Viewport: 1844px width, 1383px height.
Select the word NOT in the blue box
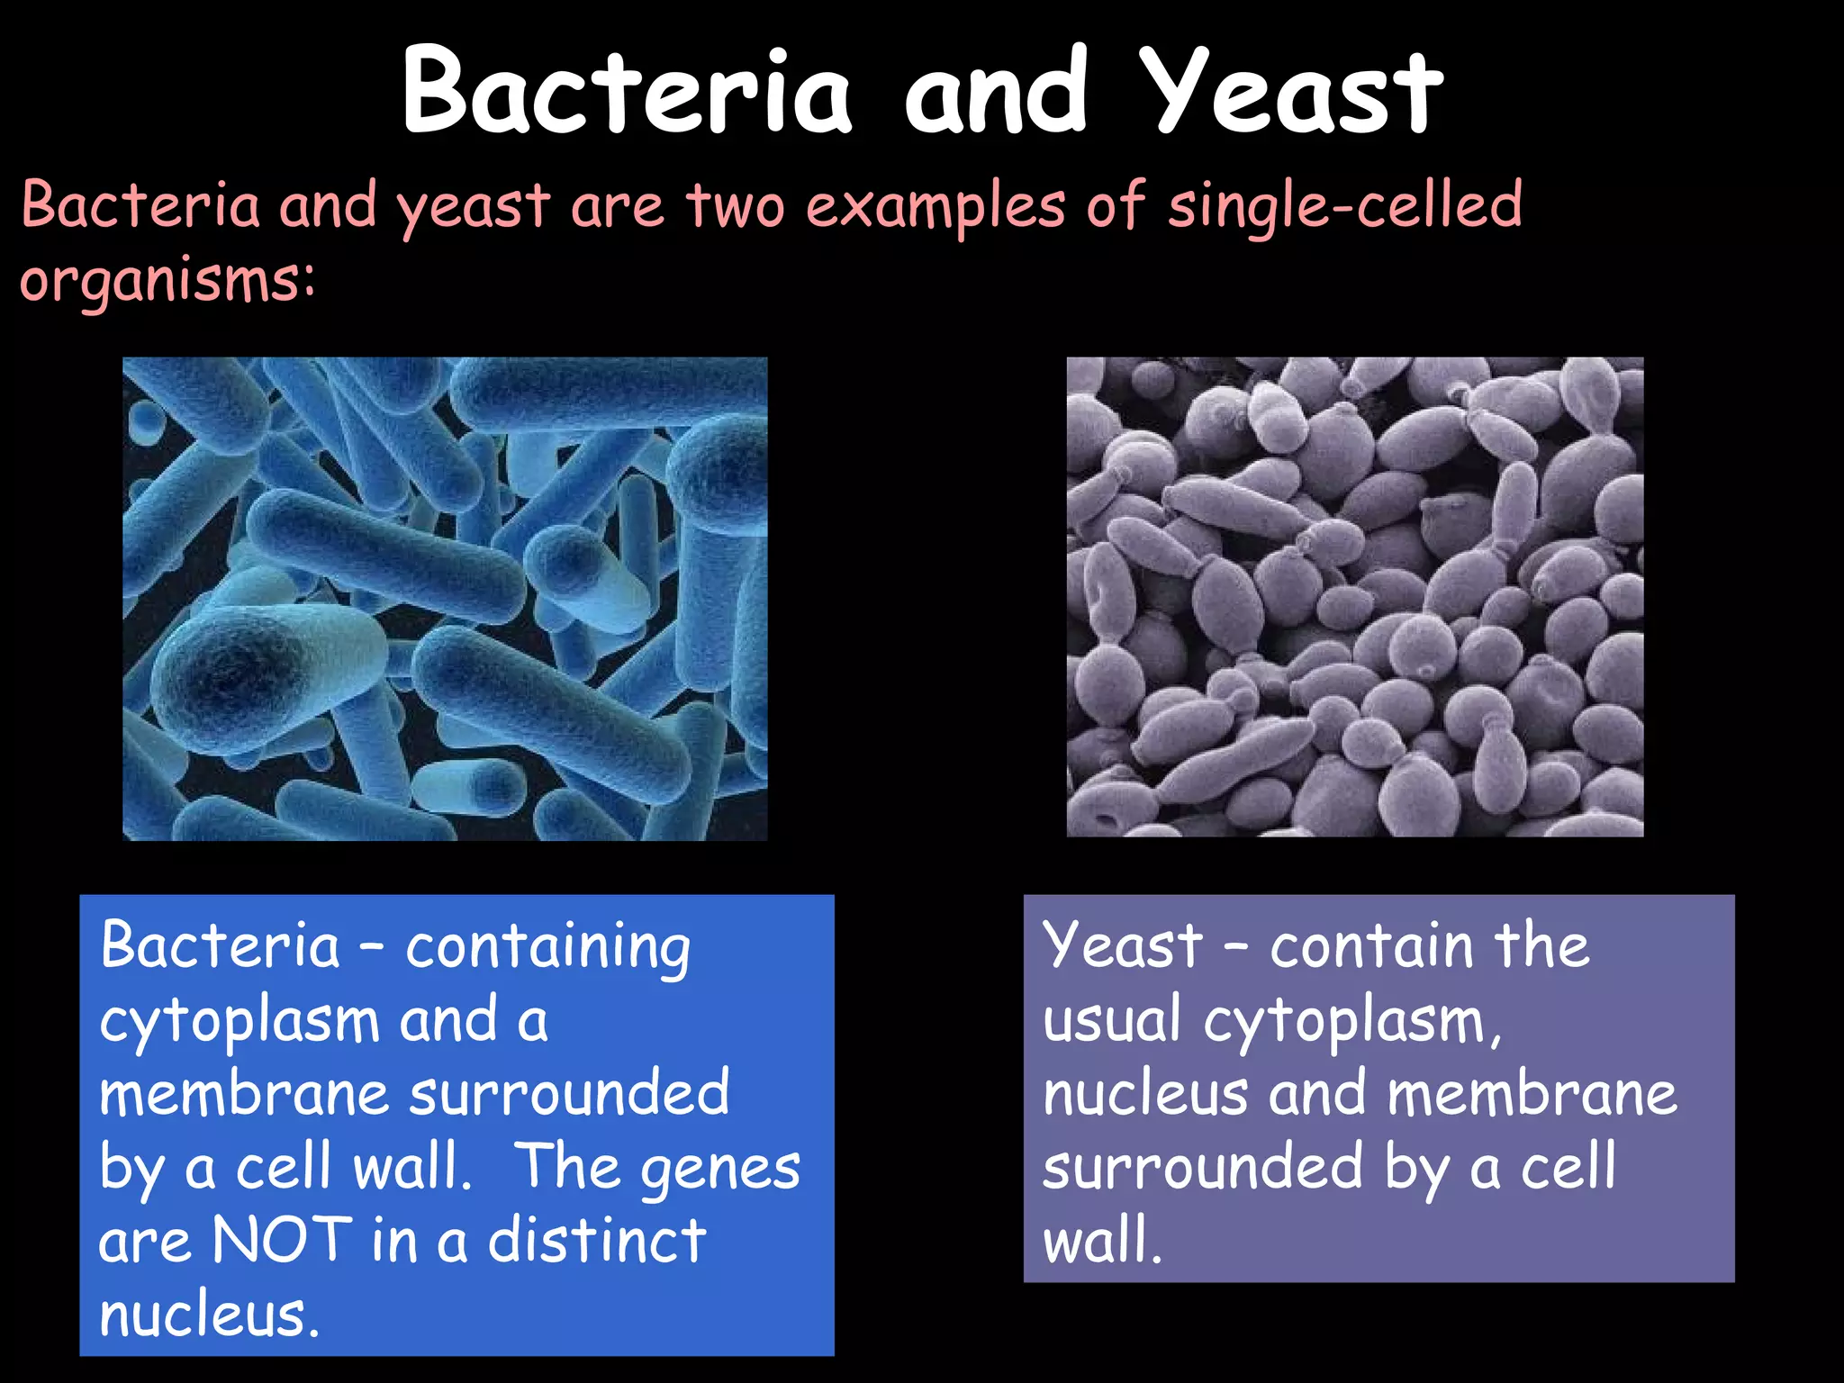(x=281, y=1241)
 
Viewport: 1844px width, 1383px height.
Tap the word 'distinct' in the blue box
(x=596, y=1241)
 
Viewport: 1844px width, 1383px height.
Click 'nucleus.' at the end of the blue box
(x=209, y=1315)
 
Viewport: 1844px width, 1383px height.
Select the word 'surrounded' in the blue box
(x=569, y=1093)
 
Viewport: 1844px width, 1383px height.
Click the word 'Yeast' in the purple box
(x=1122, y=947)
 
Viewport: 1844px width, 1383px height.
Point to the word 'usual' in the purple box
(x=1111, y=1021)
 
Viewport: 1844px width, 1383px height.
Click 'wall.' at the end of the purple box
(x=1102, y=1241)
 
